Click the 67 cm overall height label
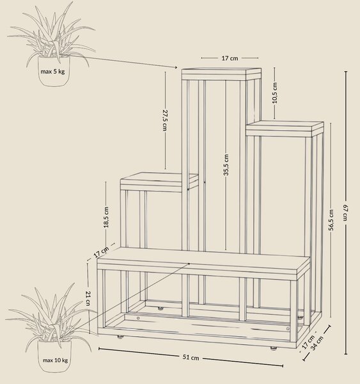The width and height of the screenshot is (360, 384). coord(345,212)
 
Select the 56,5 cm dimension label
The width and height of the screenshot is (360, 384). coord(331,220)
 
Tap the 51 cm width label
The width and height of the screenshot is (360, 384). coord(191,357)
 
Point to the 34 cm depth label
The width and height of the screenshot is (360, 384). coord(317,343)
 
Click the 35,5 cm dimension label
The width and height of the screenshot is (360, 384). coord(226,165)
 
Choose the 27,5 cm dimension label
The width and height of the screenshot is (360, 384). coord(165,120)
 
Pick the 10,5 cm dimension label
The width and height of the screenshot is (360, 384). coord(274,93)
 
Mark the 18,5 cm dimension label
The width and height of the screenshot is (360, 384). coord(106,217)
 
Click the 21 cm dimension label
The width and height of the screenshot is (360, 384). coord(88,298)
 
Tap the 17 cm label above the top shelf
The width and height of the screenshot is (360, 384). coord(230,58)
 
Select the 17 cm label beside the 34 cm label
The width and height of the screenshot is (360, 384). coord(308,342)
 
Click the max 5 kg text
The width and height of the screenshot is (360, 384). coord(52,72)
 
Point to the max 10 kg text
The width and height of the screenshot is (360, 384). coord(55,360)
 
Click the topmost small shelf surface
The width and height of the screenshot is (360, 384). coord(221,70)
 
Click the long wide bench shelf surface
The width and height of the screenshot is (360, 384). coord(203,260)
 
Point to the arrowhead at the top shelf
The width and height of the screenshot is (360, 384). coord(175,67)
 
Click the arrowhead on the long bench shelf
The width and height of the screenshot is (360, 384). coord(189,264)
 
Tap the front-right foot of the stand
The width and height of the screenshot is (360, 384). coord(274,348)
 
